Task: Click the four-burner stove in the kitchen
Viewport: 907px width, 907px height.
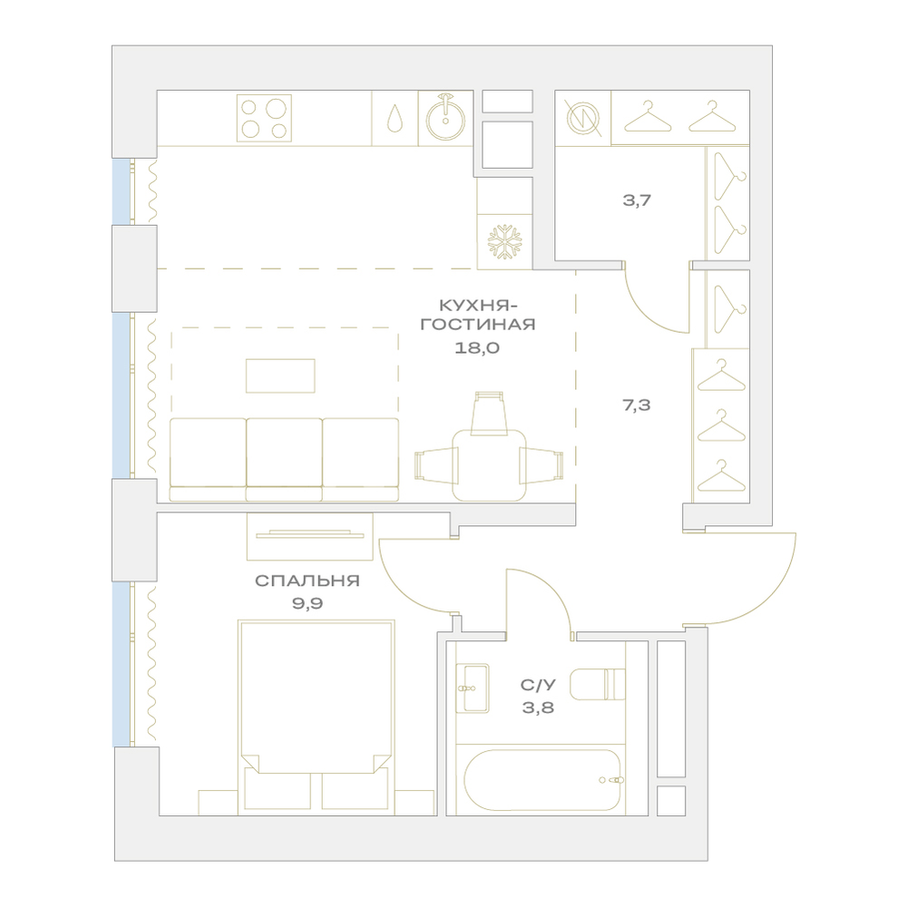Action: click(x=264, y=118)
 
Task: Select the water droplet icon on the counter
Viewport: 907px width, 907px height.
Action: click(x=395, y=118)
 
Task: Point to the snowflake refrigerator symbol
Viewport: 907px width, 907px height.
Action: click(x=504, y=242)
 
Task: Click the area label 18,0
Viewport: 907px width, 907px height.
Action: click(x=477, y=348)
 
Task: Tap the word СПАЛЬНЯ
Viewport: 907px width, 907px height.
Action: click(x=307, y=580)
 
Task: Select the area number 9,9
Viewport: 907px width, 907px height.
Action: click(x=307, y=604)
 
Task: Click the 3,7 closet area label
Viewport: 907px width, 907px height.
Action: click(x=637, y=200)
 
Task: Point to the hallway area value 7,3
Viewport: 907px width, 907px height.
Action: click(x=637, y=405)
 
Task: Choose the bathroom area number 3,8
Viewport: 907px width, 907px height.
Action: click(x=538, y=707)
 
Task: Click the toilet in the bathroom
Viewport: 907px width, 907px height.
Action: click(x=598, y=684)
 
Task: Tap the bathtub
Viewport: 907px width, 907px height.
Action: click(x=542, y=780)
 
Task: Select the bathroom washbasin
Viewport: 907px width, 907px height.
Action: click(x=473, y=688)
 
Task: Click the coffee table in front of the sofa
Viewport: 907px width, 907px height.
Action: click(x=280, y=376)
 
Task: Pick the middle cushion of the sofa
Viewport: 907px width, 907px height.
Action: click(x=284, y=459)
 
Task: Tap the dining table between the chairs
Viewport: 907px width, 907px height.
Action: click(x=490, y=465)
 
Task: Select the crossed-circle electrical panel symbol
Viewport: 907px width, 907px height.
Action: click(x=582, y=118)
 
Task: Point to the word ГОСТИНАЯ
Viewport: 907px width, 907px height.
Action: click(x=478, y=325)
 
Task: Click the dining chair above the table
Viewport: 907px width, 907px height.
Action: click(x=490, y=413)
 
